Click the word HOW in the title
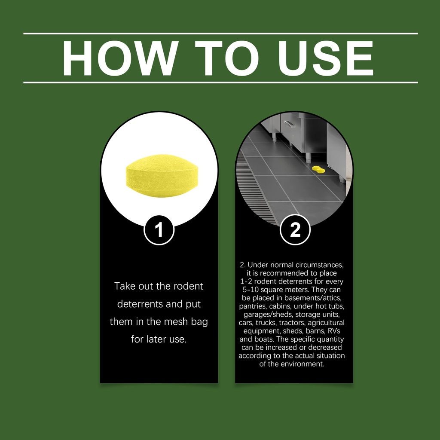point(120,58)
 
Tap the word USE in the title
point(326,58)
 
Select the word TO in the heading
point(227,58)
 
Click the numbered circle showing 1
point(159,230)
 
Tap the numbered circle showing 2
point(295,230)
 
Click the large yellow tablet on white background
point(162,176)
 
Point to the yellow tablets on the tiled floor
point(318,169)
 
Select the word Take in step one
point(125,286)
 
